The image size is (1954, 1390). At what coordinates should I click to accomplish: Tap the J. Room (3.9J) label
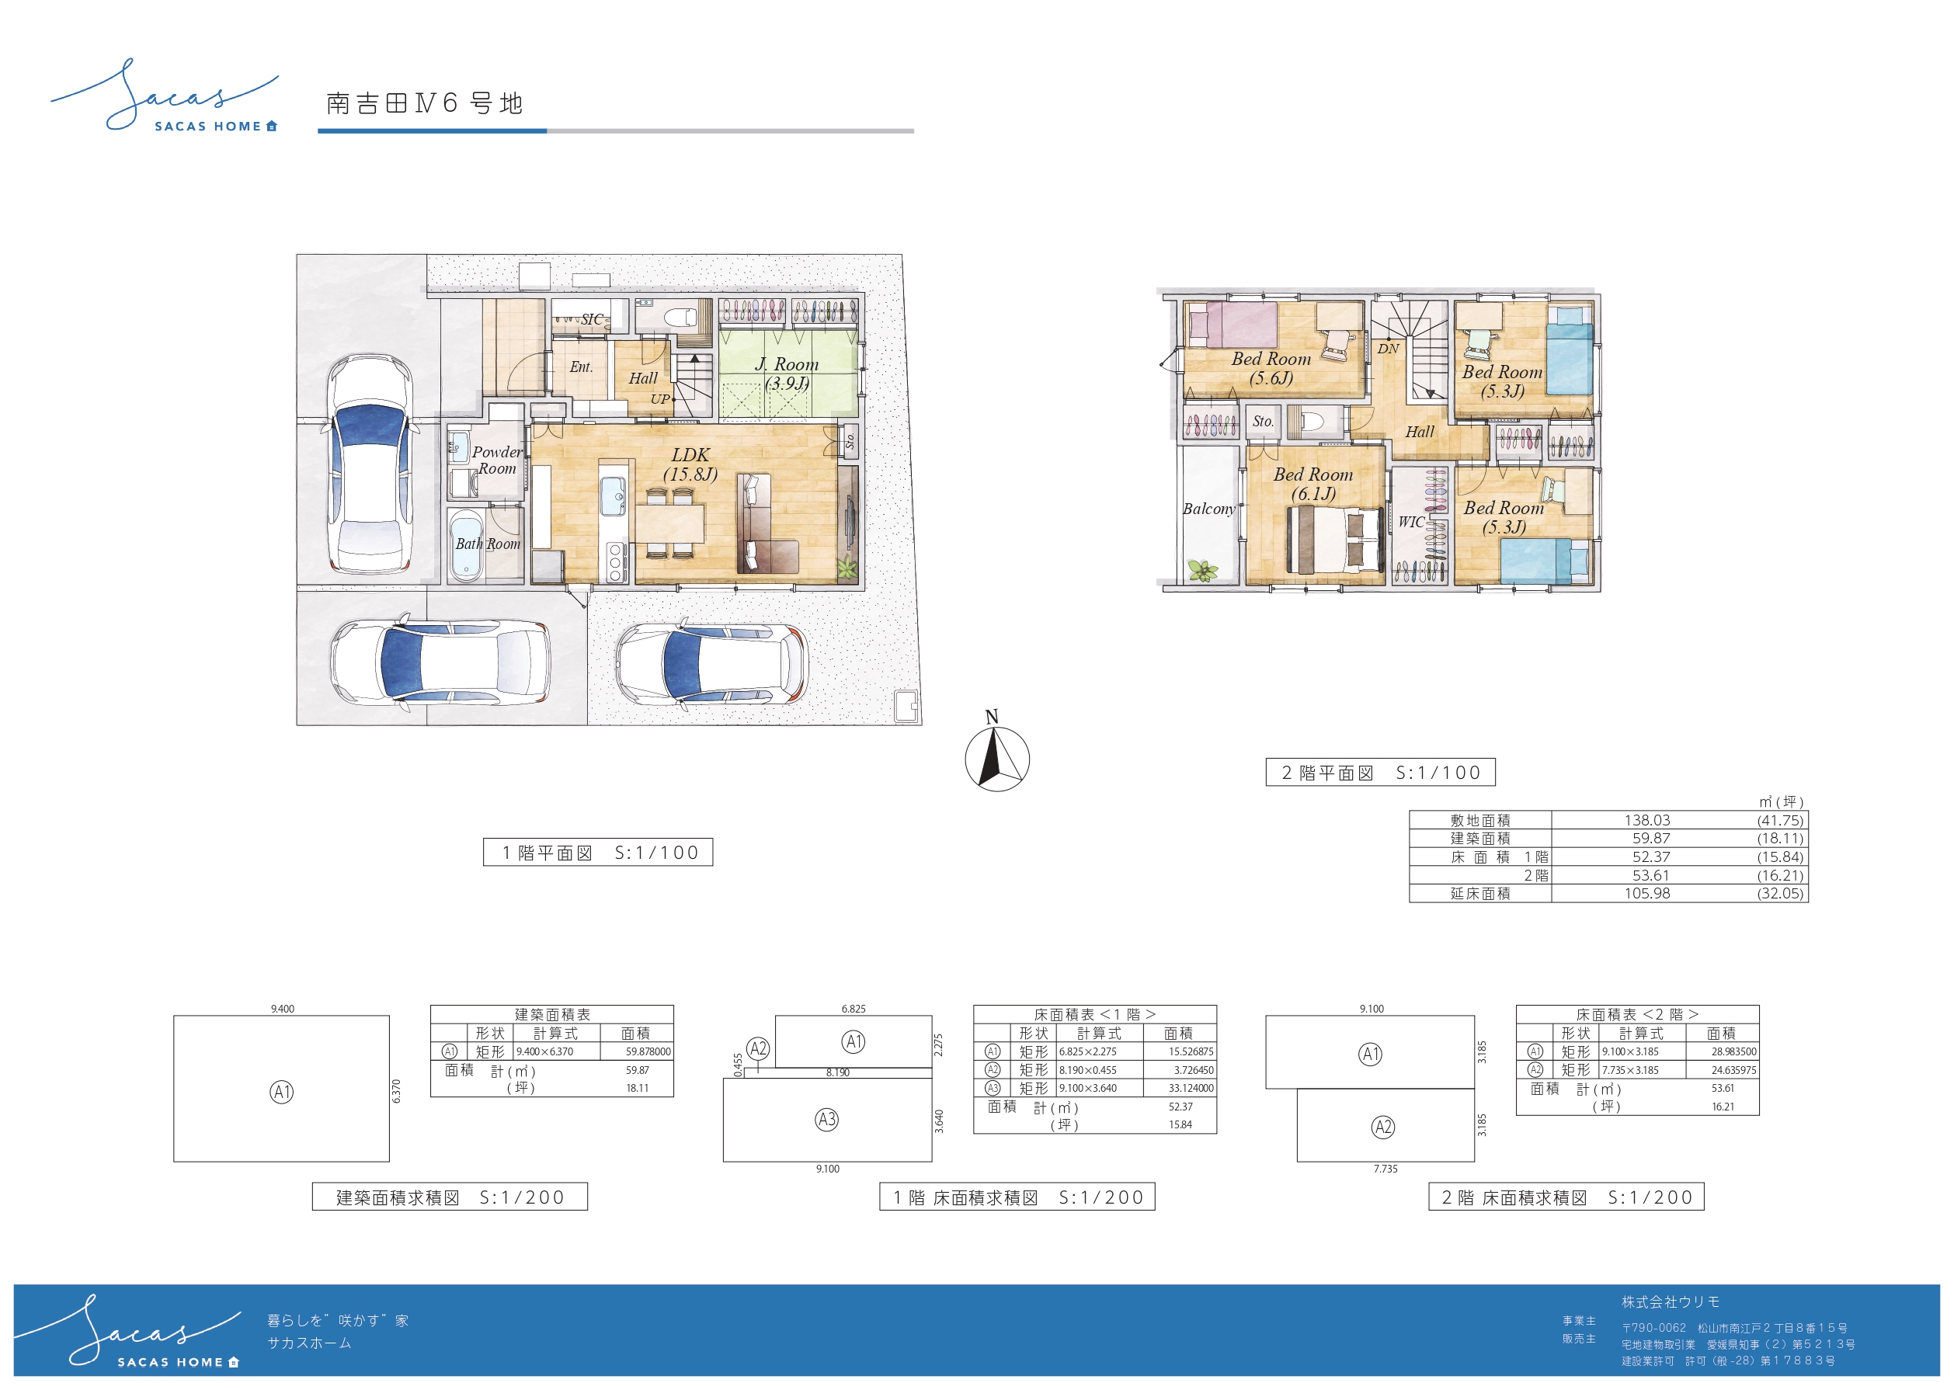click(787, 374)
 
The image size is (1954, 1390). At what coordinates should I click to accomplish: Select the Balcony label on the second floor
click(1208, 509)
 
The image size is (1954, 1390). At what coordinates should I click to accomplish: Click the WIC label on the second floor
click(1411, 521)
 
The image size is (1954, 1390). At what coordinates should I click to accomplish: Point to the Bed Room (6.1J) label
click(1313, 484)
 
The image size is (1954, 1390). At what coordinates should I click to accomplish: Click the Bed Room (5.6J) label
click(1271, 368)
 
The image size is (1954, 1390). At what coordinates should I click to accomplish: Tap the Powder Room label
click(497, 460)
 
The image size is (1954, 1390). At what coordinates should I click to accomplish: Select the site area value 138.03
click(1646, 820)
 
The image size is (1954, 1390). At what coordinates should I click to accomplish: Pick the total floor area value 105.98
click(1646, 894)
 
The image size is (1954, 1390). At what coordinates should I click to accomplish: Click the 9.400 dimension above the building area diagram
click(283, 1009)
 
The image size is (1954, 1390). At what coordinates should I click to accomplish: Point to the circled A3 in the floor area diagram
click(826, 1120)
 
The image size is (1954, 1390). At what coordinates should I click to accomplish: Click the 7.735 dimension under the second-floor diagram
click(1386, 1169)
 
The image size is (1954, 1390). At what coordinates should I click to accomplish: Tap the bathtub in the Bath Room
click(466, 546)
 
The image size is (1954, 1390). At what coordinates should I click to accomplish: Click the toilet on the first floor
click(681, 318)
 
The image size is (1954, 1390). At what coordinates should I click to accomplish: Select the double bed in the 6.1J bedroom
click(1335, 539)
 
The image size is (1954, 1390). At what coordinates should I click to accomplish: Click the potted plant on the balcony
click(1201, 569)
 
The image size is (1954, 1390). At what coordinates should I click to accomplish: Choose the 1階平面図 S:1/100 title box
click(597, 853)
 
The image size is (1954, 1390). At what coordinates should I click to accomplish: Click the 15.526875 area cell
click(1191, 1052)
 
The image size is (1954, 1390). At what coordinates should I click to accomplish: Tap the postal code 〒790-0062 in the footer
click(1653, 1329)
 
